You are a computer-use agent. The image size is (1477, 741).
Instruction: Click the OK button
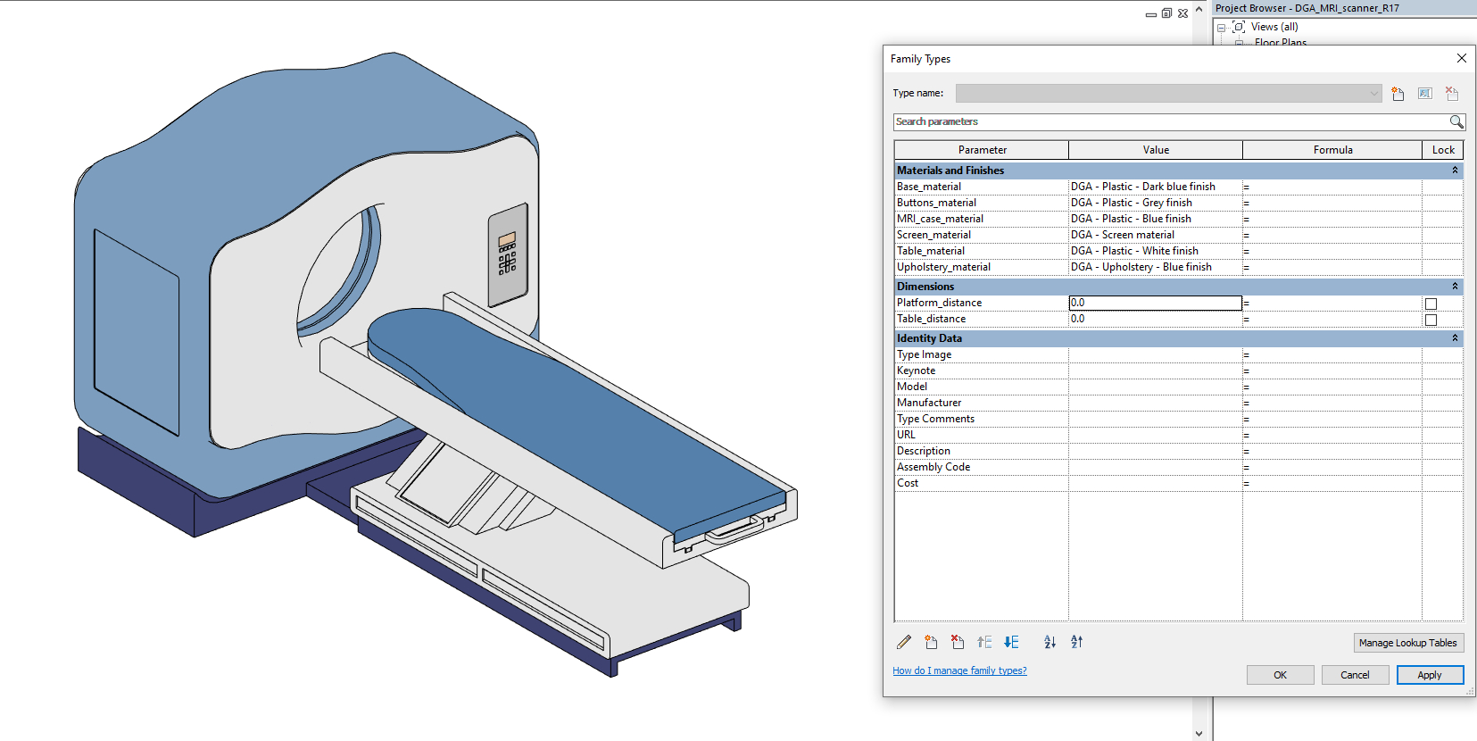[1280, 675]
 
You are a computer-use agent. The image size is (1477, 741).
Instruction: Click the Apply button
[1429, 675]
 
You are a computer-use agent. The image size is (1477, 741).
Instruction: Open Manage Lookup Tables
[1407, 643]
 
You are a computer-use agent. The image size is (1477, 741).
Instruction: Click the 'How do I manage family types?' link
[959, 670]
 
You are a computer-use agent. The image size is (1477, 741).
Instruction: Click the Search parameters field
[1169, 121]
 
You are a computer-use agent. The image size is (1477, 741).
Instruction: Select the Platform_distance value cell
[1155, 303]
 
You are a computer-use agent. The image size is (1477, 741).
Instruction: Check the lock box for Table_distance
[1431, 320]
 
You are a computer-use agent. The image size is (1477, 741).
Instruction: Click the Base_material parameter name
[929, 187]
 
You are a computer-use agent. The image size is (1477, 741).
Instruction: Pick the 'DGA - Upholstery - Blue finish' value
[1141, 267]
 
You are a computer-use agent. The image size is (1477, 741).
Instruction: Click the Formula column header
[1332, 150]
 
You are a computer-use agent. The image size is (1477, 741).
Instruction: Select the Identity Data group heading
[929, 338]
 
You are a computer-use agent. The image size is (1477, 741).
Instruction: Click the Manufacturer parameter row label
[929, 403]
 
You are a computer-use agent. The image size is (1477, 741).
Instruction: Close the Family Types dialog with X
[1461, 58]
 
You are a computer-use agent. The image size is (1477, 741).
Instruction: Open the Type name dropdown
[1373, 93]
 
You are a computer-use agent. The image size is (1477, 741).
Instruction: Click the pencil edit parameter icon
[904, 642]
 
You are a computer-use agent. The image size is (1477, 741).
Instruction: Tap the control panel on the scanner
[507, 254]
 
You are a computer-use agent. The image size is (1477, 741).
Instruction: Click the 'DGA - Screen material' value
[1123, 235]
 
